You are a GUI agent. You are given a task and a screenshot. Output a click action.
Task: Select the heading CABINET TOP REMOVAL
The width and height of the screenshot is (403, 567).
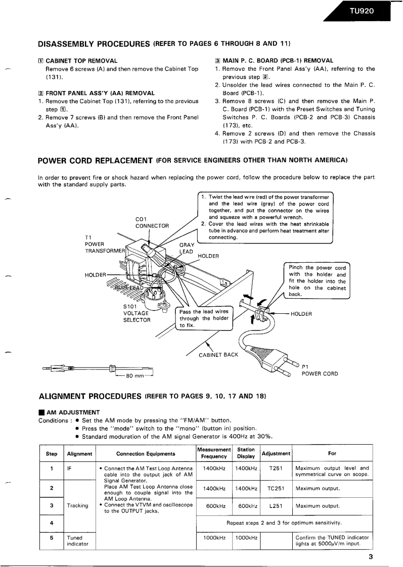(81, 61)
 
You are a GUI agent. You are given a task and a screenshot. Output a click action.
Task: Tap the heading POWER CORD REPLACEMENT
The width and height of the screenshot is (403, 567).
(96, 161)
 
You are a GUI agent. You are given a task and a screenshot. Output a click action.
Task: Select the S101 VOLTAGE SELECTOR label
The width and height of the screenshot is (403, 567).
(137, 313)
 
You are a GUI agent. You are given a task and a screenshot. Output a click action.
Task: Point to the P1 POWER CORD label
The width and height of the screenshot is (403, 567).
(320, 370)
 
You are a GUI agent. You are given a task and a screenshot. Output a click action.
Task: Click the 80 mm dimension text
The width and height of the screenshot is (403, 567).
(134, 376)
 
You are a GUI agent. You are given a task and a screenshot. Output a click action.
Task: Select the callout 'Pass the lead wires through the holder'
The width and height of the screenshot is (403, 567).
(204, 318)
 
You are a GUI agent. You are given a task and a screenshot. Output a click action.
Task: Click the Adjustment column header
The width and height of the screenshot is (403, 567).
(276, 453)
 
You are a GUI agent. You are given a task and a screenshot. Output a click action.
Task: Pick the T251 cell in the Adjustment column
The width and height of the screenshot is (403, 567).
(276, 468)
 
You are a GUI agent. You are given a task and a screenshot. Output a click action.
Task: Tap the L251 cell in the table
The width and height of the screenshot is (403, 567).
(276, 505)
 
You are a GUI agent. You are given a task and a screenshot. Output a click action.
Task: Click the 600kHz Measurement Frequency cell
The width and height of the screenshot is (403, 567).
(213, 505)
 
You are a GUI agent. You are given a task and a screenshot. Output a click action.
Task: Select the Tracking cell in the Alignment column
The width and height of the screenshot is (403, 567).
(78, 505)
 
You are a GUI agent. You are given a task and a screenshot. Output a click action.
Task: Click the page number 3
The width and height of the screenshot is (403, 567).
(370, 557)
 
